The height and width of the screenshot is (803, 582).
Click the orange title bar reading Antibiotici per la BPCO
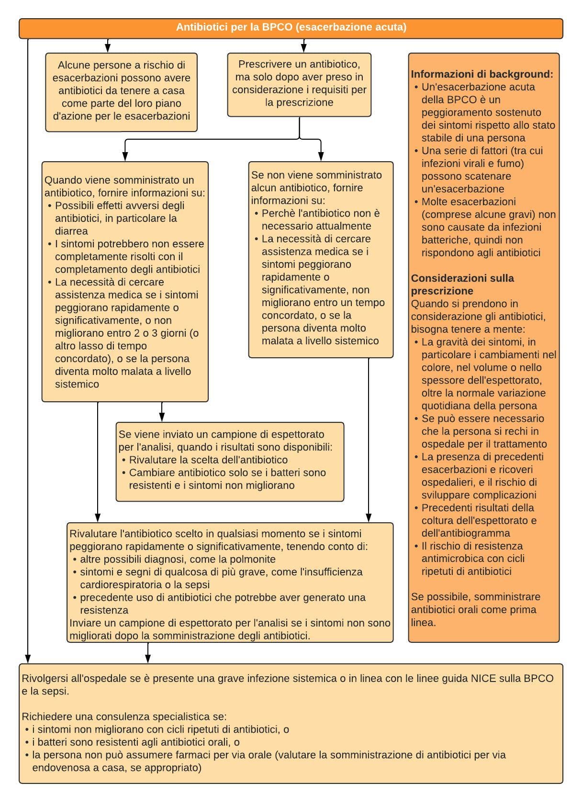click(291, 27)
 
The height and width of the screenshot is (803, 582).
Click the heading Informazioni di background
click(482, 75)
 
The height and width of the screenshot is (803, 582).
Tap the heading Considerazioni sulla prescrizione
click(462, 285)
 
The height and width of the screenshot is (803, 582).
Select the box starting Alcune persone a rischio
click(121, 91)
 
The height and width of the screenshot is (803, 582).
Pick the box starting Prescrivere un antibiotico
click(299, 83)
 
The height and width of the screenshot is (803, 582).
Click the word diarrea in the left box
click(71, 231)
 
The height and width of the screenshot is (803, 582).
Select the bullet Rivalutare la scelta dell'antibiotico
click(208, 460)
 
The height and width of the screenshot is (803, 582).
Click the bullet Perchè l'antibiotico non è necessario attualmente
click(321, 220)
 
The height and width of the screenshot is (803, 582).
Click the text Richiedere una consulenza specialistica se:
click(124, 716)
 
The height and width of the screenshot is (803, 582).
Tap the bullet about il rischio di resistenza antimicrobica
click(472, 559)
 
